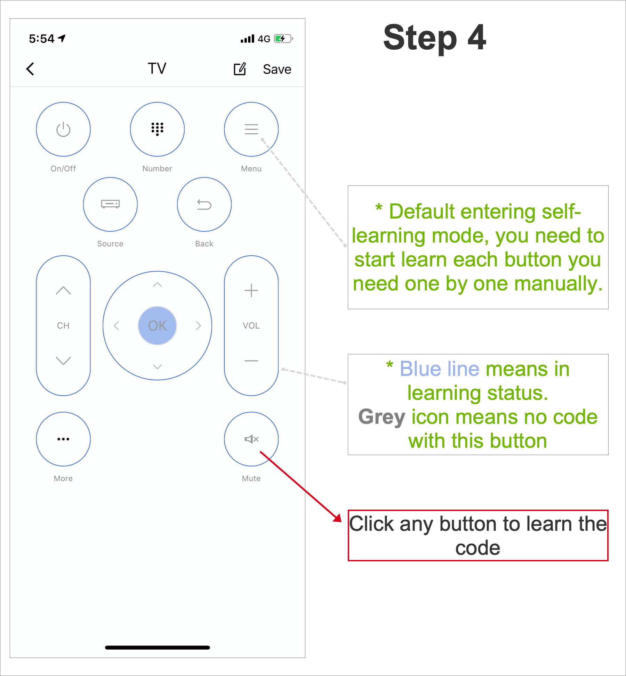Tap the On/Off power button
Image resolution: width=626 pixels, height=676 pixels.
63,129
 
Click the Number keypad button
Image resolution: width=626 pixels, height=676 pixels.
157,129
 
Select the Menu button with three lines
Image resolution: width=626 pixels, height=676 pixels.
251,129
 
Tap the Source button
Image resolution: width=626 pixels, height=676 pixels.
110,204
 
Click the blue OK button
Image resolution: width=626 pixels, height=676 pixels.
157,325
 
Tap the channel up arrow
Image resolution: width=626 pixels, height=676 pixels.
63,290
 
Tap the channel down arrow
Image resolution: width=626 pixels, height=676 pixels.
63,361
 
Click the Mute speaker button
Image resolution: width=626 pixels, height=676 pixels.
251,439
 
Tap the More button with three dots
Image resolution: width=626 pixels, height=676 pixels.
63,439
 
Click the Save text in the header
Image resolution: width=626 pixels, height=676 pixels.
277,69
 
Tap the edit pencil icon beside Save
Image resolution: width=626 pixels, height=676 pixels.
240,69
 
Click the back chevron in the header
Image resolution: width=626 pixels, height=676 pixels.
30,69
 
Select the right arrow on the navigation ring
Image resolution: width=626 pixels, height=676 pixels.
198,325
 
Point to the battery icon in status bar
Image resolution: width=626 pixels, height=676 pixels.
283,39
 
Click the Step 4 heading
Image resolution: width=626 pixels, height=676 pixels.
434,38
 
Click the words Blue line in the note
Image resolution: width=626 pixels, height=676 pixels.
440,369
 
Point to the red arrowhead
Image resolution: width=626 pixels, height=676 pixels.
337,518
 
